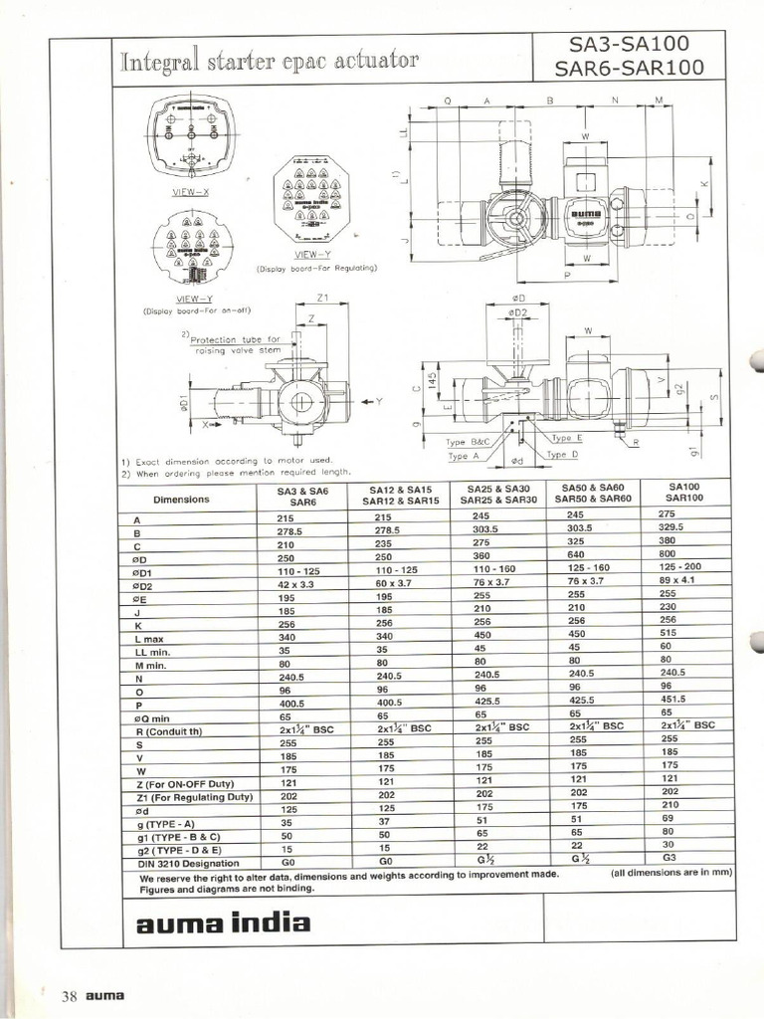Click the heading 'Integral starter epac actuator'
[270, 61]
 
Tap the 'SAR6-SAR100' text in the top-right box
[635, 69]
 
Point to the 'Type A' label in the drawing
[464, 456]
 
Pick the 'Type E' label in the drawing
[566, 437]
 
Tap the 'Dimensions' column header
[181, 499]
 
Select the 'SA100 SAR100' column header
[685, 492]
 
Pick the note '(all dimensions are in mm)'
[671, 873]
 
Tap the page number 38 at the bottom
[70, 996]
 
